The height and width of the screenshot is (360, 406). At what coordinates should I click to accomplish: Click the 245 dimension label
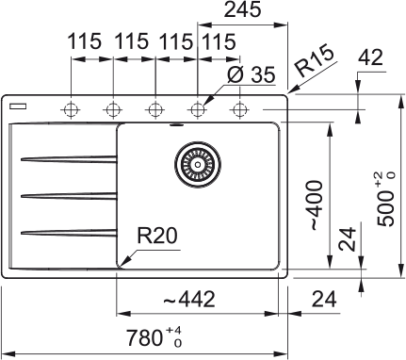point(242,9)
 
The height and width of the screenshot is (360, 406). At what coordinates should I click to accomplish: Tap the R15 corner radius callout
point(315,61)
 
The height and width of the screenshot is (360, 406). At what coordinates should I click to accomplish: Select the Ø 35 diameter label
point(251,74)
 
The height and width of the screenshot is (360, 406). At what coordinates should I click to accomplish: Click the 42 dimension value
point(371,57)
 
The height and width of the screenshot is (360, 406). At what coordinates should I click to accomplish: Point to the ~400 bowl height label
point(317,205)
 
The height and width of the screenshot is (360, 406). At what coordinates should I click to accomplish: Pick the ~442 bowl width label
point(189,299)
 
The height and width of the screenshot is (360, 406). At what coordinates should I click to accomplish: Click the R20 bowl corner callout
point(157,236)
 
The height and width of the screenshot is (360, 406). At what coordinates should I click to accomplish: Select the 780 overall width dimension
point(154,337)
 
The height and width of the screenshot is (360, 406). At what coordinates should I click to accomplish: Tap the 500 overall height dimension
point(385,199)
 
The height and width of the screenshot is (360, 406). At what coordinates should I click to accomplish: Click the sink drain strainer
point(198,164)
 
